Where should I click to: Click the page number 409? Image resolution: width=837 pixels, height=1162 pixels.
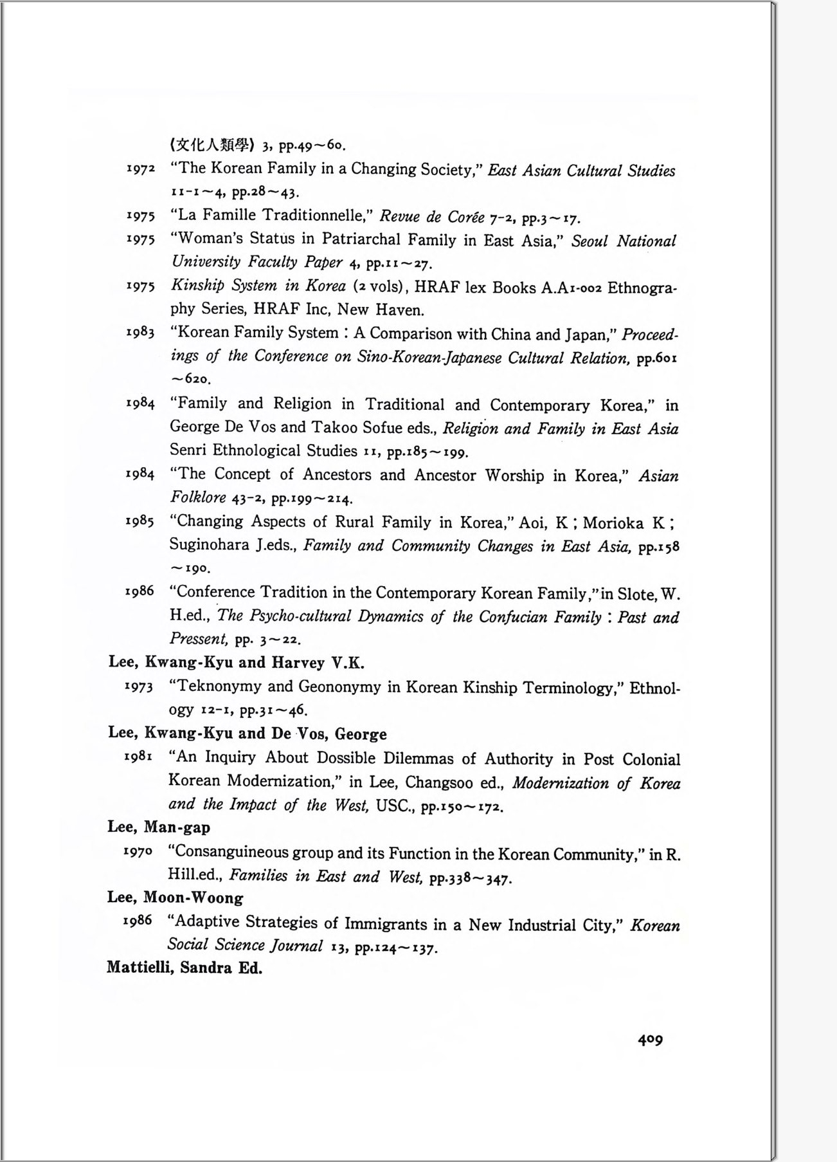tap(650, 1038)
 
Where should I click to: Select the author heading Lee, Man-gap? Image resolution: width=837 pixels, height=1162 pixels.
tap(159, 827)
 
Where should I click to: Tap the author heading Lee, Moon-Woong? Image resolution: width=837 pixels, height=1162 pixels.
tap(175, 898)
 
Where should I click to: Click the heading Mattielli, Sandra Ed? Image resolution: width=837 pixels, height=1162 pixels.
tap(184, 968)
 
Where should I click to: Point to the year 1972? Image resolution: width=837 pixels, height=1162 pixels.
tap(141, 169)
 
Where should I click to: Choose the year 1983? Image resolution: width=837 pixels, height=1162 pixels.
tap(140, 332)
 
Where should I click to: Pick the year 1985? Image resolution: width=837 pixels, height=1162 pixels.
tap(139, 521)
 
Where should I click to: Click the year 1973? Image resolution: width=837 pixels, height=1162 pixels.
tap(139, 687)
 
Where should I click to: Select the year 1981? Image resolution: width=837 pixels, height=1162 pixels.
tap(138, 757)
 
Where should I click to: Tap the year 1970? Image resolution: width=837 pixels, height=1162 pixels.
tap(138, 851)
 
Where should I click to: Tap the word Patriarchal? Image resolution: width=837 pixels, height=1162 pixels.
tap(361, 239)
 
